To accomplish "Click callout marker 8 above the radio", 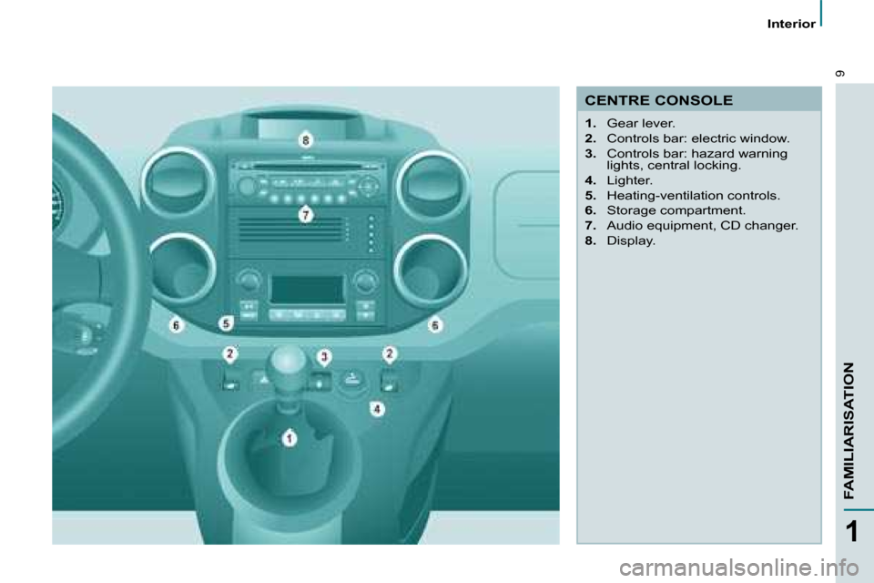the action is coord(306,140).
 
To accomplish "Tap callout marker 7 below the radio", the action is coord(306,214).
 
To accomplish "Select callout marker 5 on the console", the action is coord(226,323).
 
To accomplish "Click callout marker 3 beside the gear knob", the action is coord(324,356).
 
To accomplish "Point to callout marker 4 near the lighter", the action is coord(377,409).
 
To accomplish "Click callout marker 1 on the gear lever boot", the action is coord(289,438).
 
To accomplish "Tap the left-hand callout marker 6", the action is coord(176,324).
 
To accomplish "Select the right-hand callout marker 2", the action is coord(390,353).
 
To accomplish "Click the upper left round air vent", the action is coord(178,182).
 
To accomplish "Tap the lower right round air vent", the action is coord(431,271).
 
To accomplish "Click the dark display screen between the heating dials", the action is coord(307,290).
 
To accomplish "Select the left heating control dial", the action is coord(249,280).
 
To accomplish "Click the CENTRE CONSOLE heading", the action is coord(658,100).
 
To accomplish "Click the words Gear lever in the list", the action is coord(640,123).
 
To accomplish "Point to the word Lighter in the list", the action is coord(629,180).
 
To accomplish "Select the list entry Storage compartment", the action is coord(676,210).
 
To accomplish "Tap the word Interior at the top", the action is coord(791,24).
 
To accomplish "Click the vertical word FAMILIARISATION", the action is coord(849,430).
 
